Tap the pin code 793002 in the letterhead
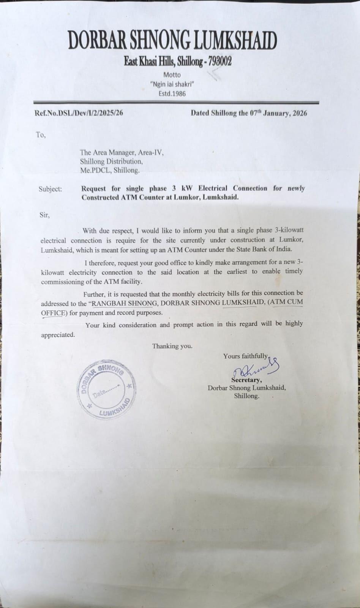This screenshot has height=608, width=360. tap(218, 62)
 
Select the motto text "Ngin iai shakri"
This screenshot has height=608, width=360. tap(172, 84)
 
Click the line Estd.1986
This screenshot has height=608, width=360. tap(172, 93)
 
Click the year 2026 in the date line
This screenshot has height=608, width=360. tap(298, 113)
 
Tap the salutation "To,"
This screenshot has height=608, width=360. tap(41, 135)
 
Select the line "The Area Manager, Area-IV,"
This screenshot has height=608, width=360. tap(122, 153)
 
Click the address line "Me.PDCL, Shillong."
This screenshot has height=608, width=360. tap(110, 171)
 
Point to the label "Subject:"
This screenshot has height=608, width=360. tap(50, 189)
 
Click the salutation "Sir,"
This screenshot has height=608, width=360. tap(44, 215)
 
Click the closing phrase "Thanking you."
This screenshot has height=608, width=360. tap(172, 346)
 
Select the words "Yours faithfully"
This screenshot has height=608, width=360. tap(245, 356)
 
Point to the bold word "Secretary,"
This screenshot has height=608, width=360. tap(246, 380)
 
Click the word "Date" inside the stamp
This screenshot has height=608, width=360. tap(99, 394)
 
